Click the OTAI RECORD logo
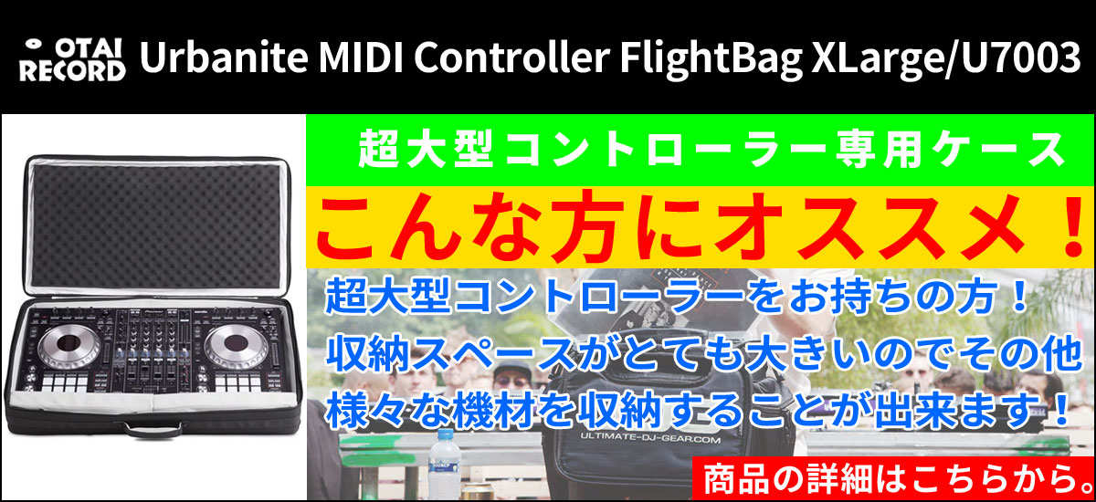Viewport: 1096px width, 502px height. [72, 59]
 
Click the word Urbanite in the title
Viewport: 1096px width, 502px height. [224, 58]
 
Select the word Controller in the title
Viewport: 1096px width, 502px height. [511, 58]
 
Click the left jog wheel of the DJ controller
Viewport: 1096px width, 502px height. [68, 345]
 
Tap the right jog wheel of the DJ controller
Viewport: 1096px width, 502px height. [236, 345]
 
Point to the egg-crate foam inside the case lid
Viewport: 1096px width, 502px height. [155, 225]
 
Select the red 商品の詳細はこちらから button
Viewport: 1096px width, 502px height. [893, 479]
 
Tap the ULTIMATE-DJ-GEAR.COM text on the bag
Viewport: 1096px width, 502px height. [650, 439]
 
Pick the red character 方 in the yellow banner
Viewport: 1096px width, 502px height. [584, 226]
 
